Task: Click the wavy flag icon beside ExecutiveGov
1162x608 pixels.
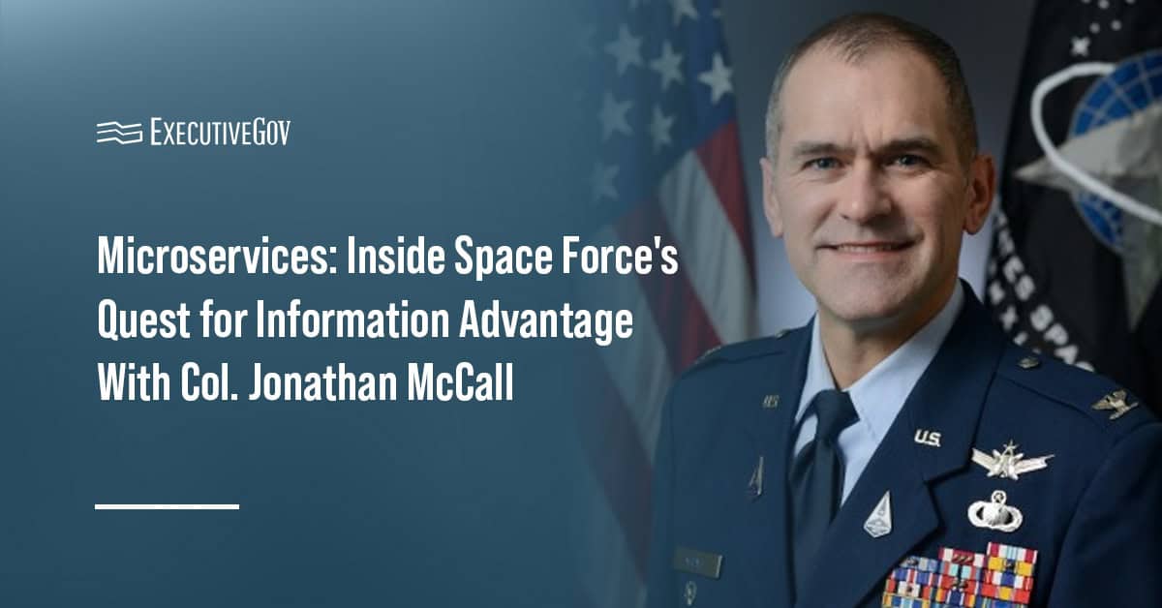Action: click(x=119, y=133)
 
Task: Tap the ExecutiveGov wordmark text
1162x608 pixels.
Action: click(x=220, y=133)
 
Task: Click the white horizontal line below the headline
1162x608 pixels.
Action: click(x=167, y=505)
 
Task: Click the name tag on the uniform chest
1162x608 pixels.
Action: click(x=696, y=562)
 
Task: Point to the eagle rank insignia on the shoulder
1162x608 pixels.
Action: click(x=1115, y=402)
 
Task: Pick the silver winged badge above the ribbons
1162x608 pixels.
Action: click(x=1011, y=463)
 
